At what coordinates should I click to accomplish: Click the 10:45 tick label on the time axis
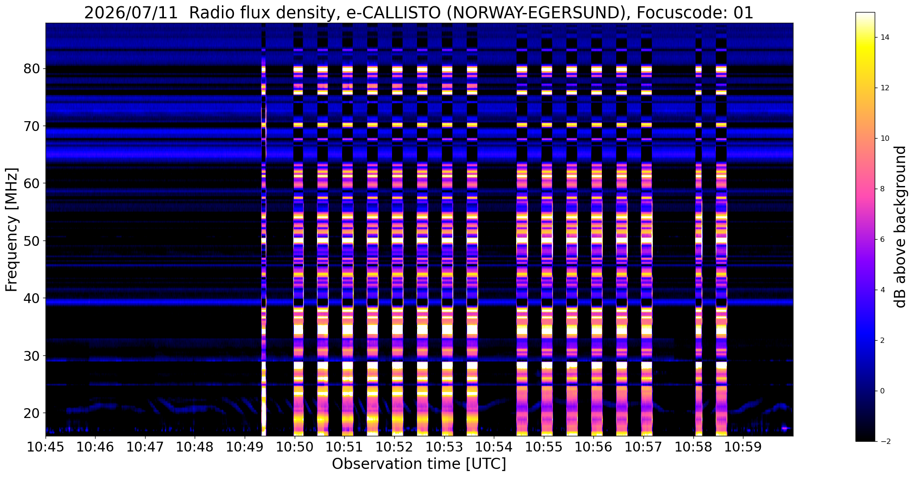point(46,447)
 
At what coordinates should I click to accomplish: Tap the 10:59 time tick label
point(743,447)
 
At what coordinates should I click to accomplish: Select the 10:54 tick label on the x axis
point(494,447)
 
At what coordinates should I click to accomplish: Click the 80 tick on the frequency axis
point(33,69)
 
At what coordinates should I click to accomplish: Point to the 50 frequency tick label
point(33,241)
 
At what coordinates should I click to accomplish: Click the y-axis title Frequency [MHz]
point(12,230)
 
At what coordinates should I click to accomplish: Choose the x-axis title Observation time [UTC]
point(419,464)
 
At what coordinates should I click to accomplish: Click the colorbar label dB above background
point(901,227)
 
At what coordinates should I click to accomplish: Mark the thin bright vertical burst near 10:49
point(263,229)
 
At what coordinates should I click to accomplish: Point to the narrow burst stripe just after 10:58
point(699,229)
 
